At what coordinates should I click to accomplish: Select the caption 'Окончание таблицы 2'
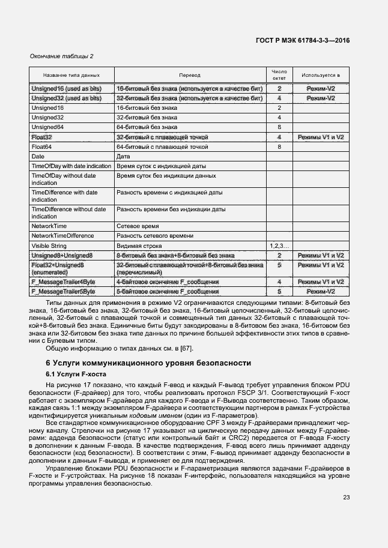point(62,56)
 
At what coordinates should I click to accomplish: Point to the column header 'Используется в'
point(321,76)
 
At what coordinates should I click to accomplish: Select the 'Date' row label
point(38,156)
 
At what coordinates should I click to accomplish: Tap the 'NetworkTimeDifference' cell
point(62,236)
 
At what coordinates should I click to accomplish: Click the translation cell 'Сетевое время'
point(138,226)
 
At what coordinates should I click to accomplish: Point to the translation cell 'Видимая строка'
point(140,245)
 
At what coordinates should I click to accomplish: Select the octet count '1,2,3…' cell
point(279,245)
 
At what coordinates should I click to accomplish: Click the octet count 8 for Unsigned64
point(279,127)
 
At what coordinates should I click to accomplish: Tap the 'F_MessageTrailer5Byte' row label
point(63,291)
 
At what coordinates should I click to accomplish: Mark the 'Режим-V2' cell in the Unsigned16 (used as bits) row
point(321,89)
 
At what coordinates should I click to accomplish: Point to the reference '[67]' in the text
point(203,349)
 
